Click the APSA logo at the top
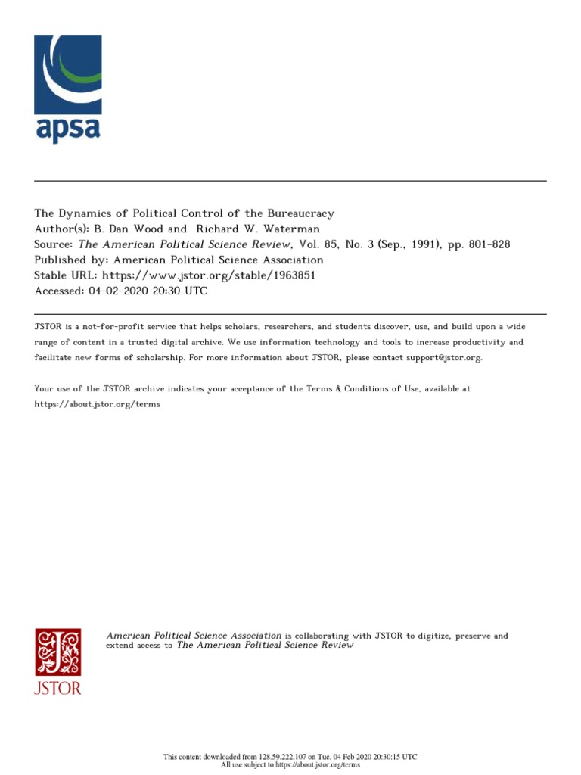(67, 89)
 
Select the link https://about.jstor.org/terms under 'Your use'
(97, 404)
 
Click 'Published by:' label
(69, 260)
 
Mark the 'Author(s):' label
(61, 229)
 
